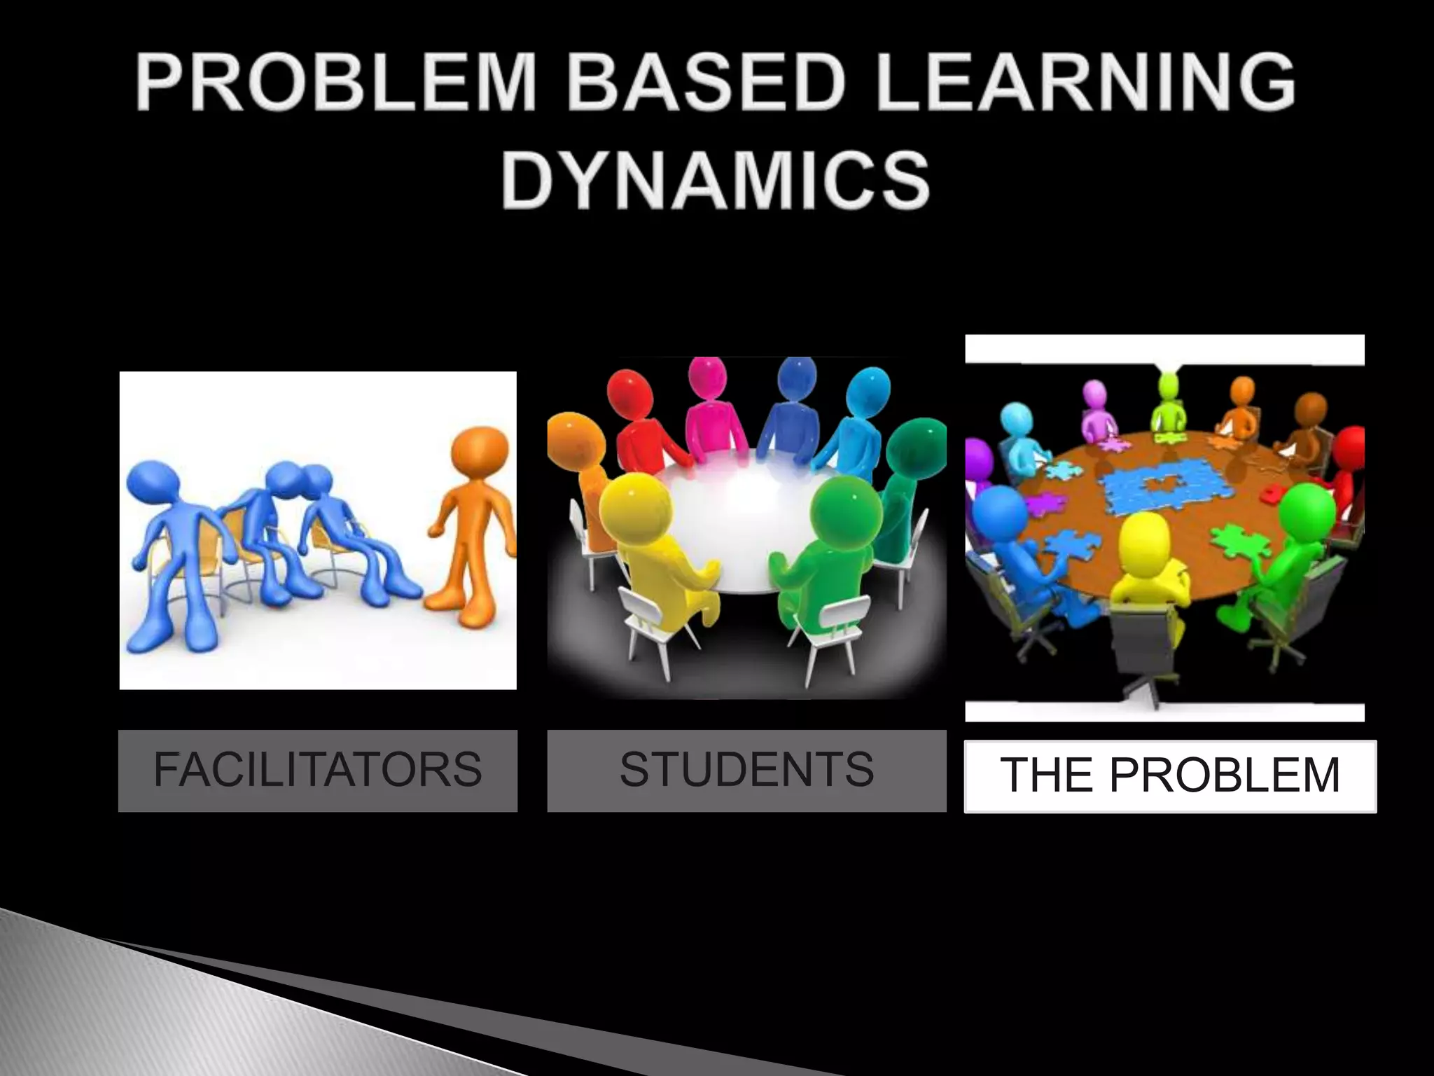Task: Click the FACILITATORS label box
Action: click(x=317, y=771)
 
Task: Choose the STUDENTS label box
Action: click(x=746, y=771)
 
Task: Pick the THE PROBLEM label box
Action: click(x=1170, y=776)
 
